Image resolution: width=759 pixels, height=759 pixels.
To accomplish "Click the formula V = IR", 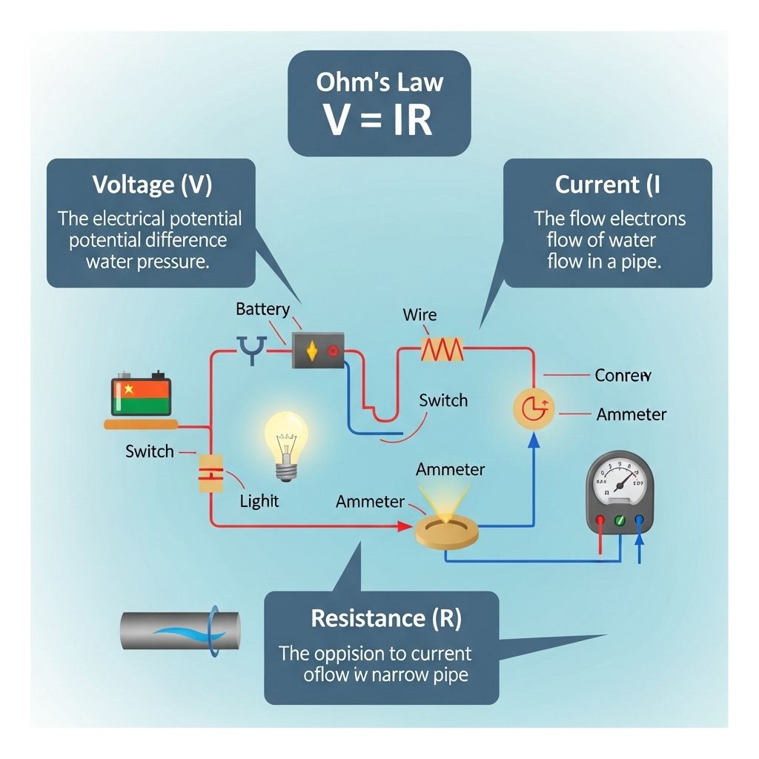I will pyautogui.click(x=379, y=119).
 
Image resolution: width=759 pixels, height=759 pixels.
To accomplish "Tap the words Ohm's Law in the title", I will pyautogui.click(x=379, y=81).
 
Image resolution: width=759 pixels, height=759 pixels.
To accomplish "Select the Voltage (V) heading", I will pyautogui.click(x=152, y=185).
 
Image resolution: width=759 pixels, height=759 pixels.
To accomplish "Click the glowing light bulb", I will pyautogui.click(x=285, y=445).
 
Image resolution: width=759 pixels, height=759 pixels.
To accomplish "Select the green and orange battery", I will pyautogui.click(x=141, y=397).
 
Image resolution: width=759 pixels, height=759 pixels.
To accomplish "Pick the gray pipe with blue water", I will pyautogui.click(x=180, y=632).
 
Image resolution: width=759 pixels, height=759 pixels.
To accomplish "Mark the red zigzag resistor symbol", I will pyautogui.click(x=442, y=348).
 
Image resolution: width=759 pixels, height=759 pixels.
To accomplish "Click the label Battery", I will pyautogui.click(x=262, y=309).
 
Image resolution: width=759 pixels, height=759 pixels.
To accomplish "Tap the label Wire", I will pyautogui.click(x=420, y=314).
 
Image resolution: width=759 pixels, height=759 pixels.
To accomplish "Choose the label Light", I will pyautogui.click(x=259, y=501).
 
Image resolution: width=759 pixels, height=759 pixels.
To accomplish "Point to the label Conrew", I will pyautogui.click(x=623, y=375).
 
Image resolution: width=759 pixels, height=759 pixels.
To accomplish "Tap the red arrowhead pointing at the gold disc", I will pyautogui.click(x=405, y=526).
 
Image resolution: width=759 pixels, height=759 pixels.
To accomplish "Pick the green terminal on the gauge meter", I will pyautogui.click(x=620, y=521).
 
